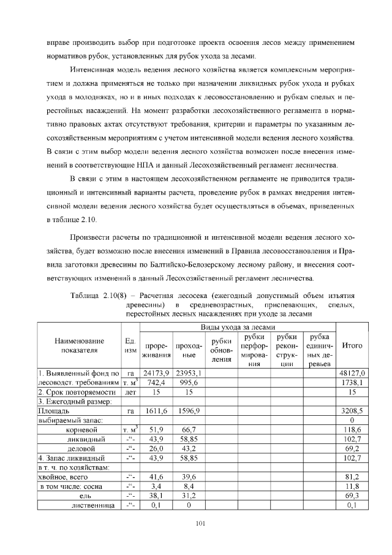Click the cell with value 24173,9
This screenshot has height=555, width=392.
tap(156, 372)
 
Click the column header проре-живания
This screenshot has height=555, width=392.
tap(156, 350)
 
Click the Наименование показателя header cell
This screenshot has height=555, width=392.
tap(78, 345)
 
